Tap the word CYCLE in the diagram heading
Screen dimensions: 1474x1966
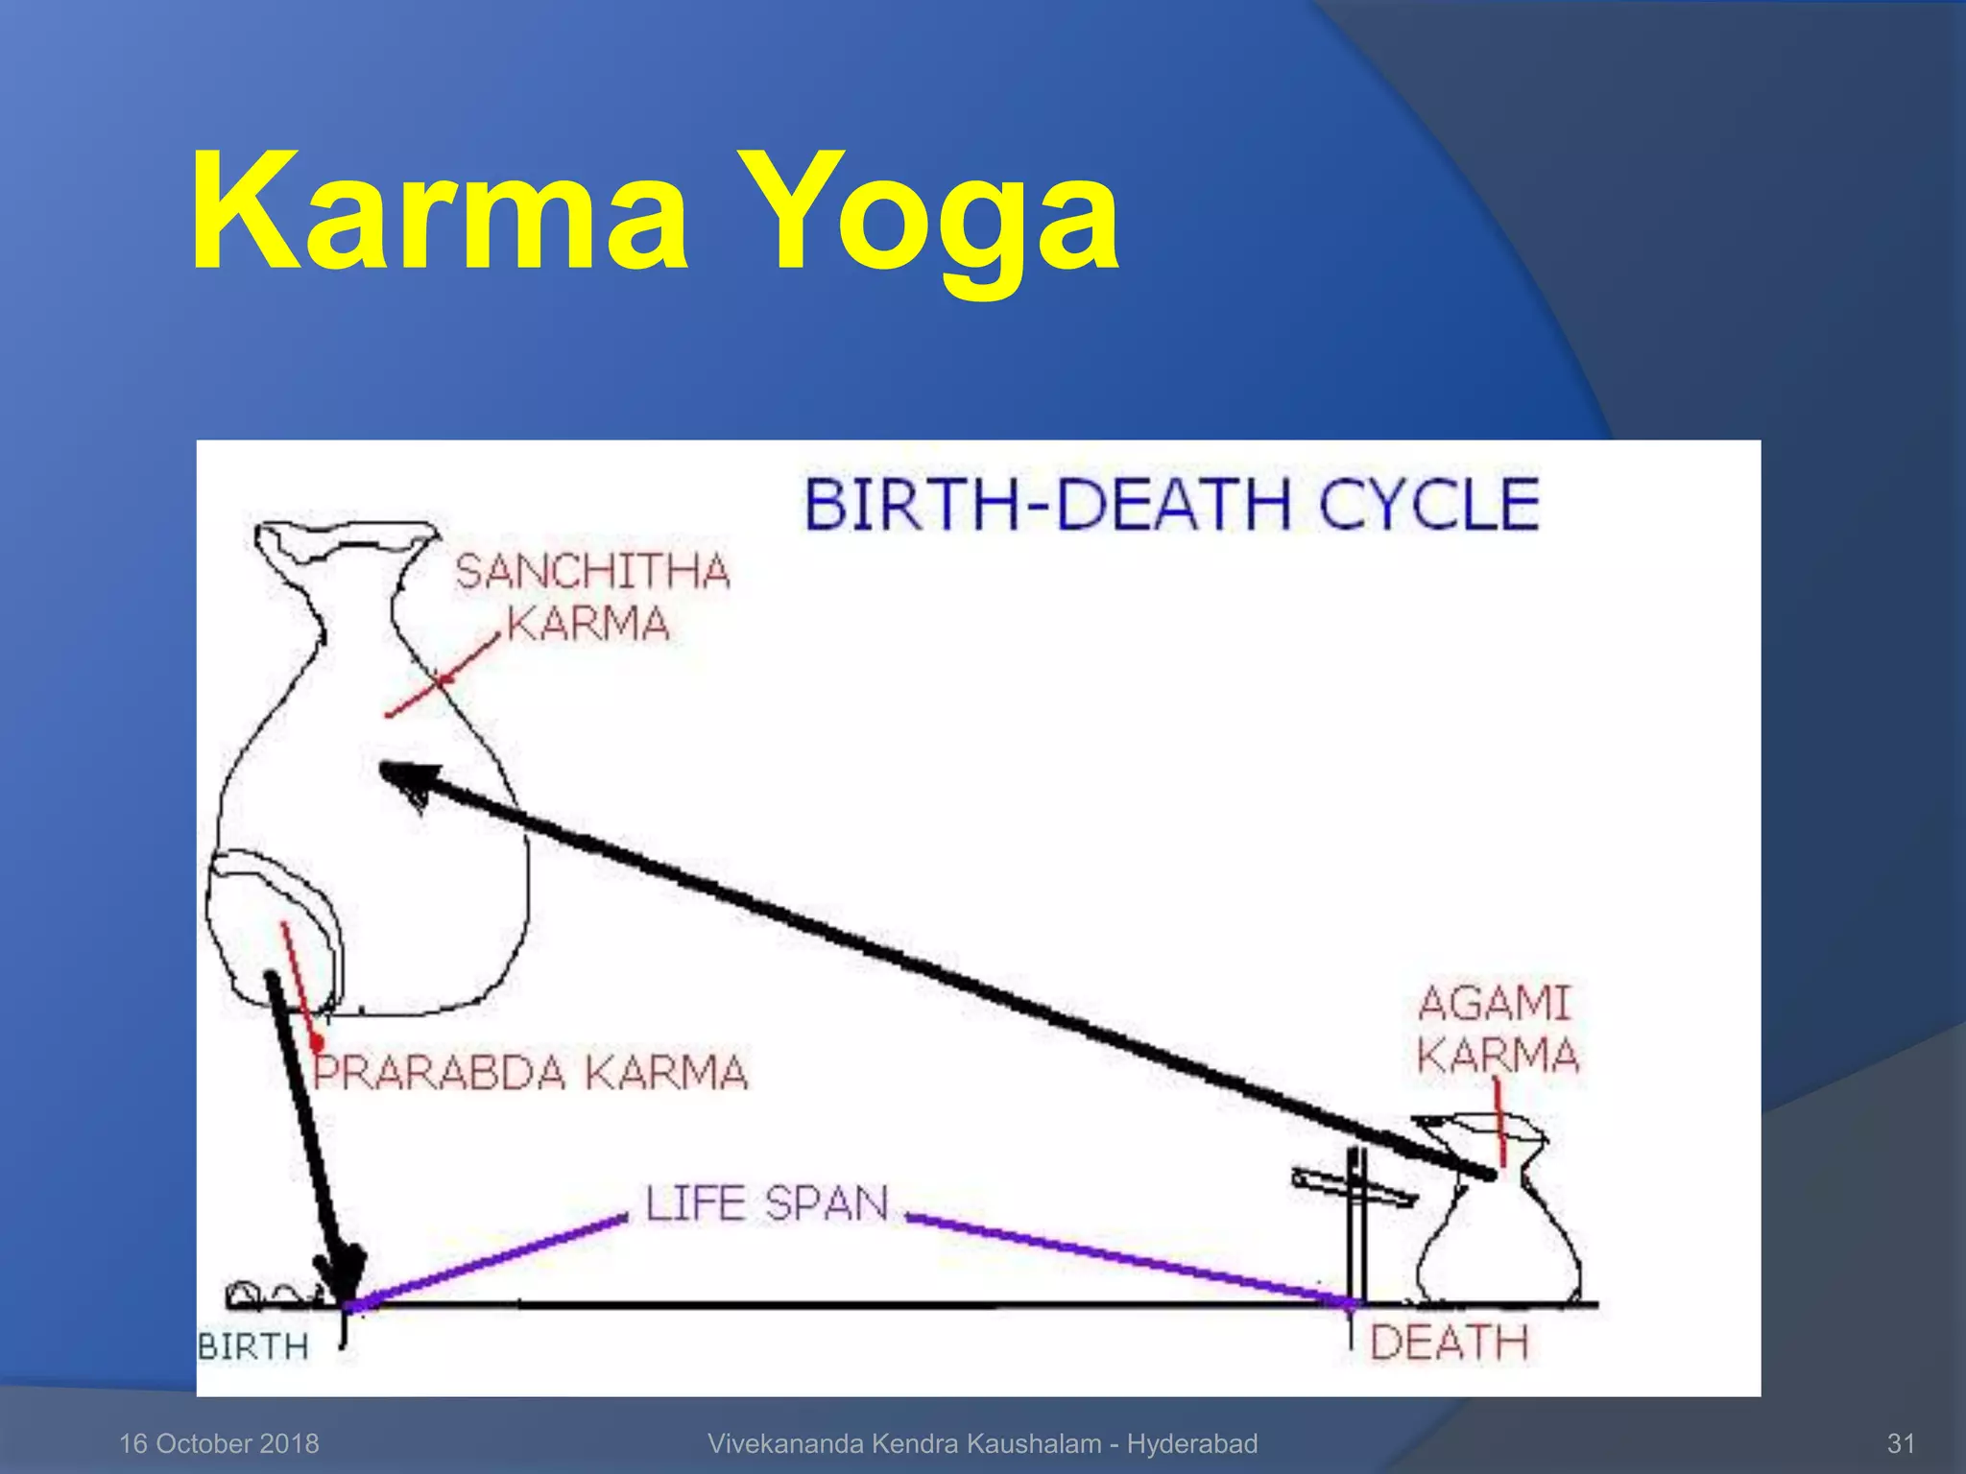pyautogui.click(x=1428, y=505)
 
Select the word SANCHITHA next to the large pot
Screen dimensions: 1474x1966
pyautogui.click(x=592, y=572)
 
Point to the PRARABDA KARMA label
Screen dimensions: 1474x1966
pyautogui.click(x=531, y=1072)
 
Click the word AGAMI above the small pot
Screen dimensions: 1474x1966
pyautogui.click(x=1494, y=1004)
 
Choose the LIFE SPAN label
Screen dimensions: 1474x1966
pyautogui.click(x=766, y=1203)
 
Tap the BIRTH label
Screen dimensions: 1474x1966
pyautogui.click(x=253, y=1346)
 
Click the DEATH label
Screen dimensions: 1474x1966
pyautogui.click(x=1449, y=1342)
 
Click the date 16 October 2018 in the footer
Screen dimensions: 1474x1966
pyautogui.click(x=219, y=1443)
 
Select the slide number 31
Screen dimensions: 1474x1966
pyautogui.click(x=1901, y=1443)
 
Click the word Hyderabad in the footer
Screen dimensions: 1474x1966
pyautogui.click(x=1191, y=1443)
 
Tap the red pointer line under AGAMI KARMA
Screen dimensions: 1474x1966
pyautogui.click(x=1499, y=1123)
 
